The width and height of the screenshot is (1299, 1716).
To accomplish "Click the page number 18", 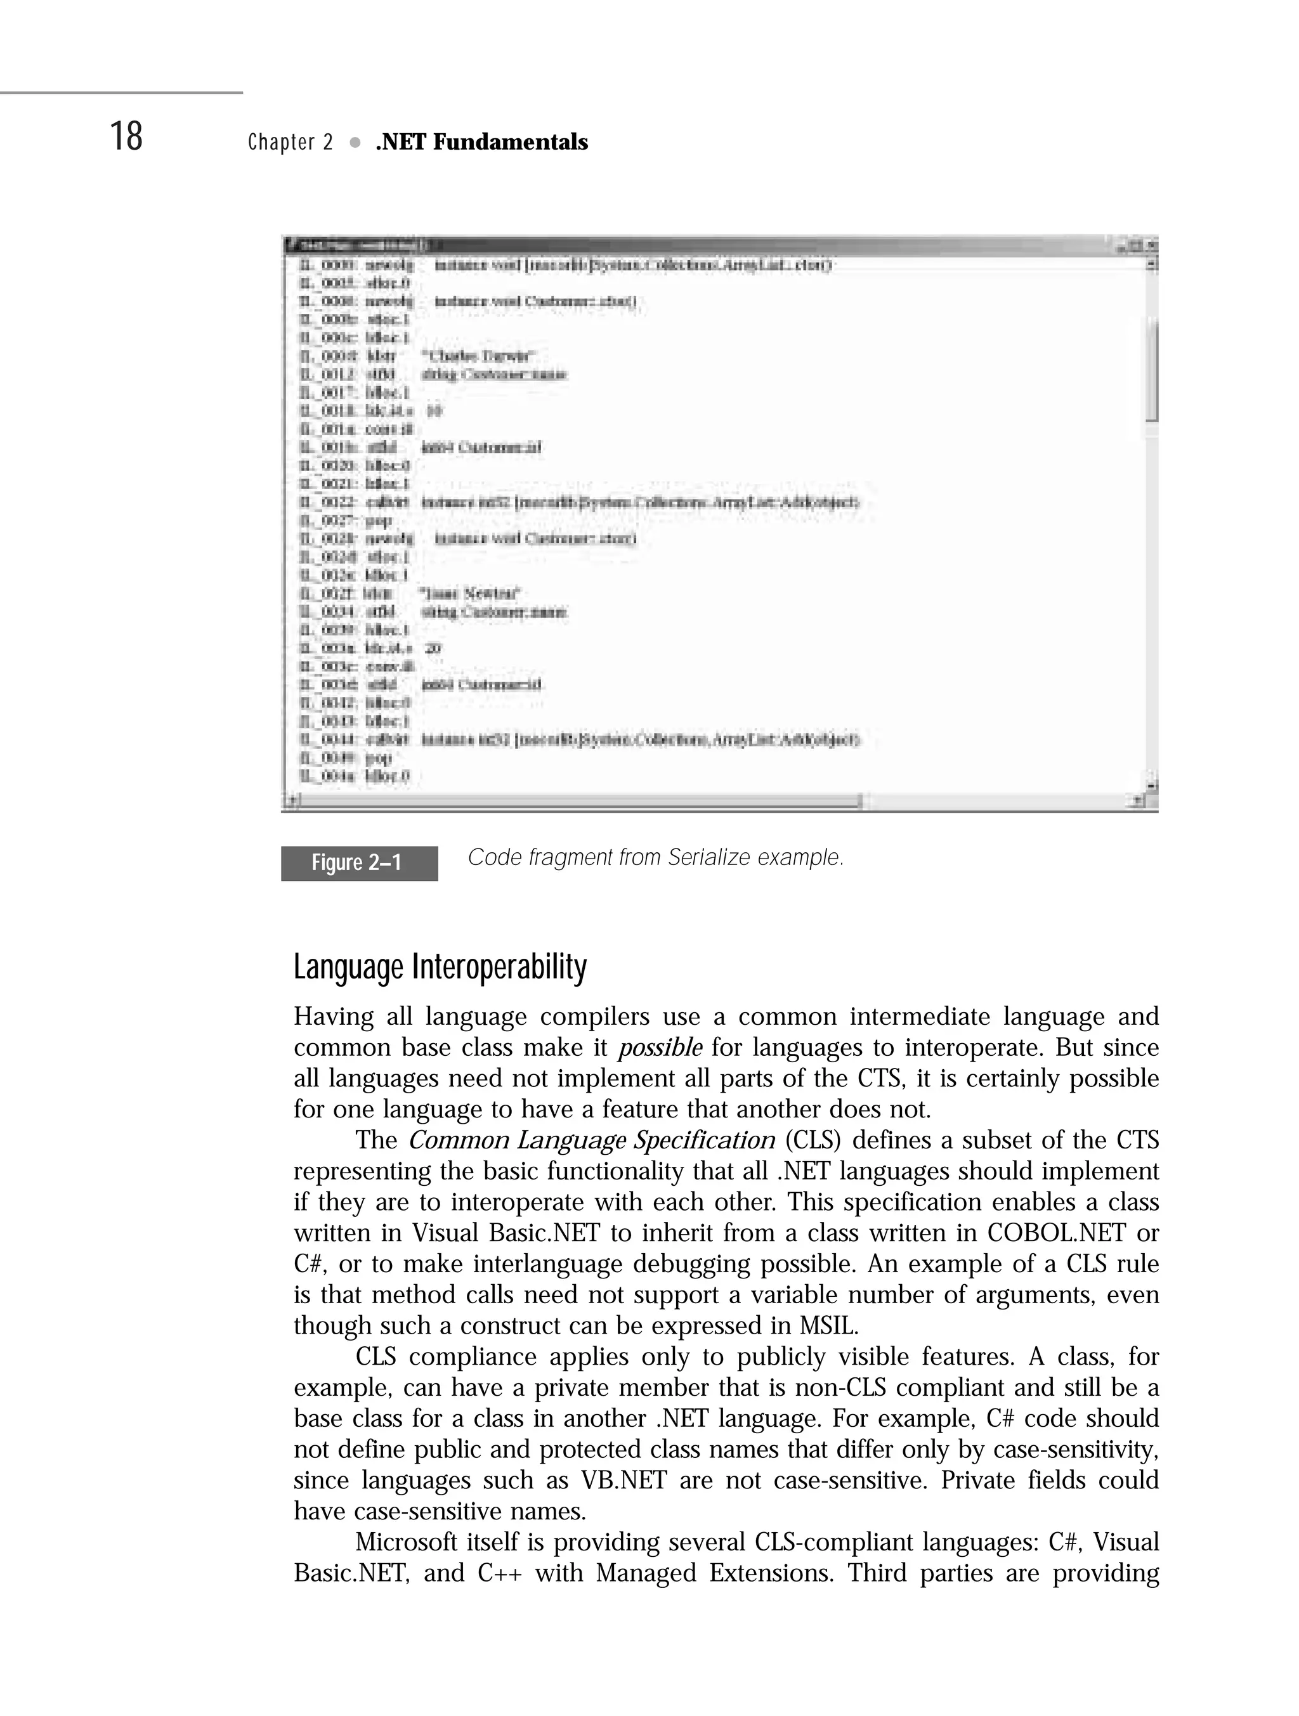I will (126, 138).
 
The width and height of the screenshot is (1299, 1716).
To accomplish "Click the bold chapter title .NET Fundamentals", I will (481, 143).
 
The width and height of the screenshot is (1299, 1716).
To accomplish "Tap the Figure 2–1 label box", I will (358, 862).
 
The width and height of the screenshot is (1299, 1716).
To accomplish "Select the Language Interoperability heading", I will (440, 967).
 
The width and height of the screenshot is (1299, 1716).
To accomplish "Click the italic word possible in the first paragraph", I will (660, 1048).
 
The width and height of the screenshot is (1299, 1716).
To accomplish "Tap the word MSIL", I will (829, 1326).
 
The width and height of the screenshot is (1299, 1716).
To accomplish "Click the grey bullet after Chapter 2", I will (355, 143).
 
